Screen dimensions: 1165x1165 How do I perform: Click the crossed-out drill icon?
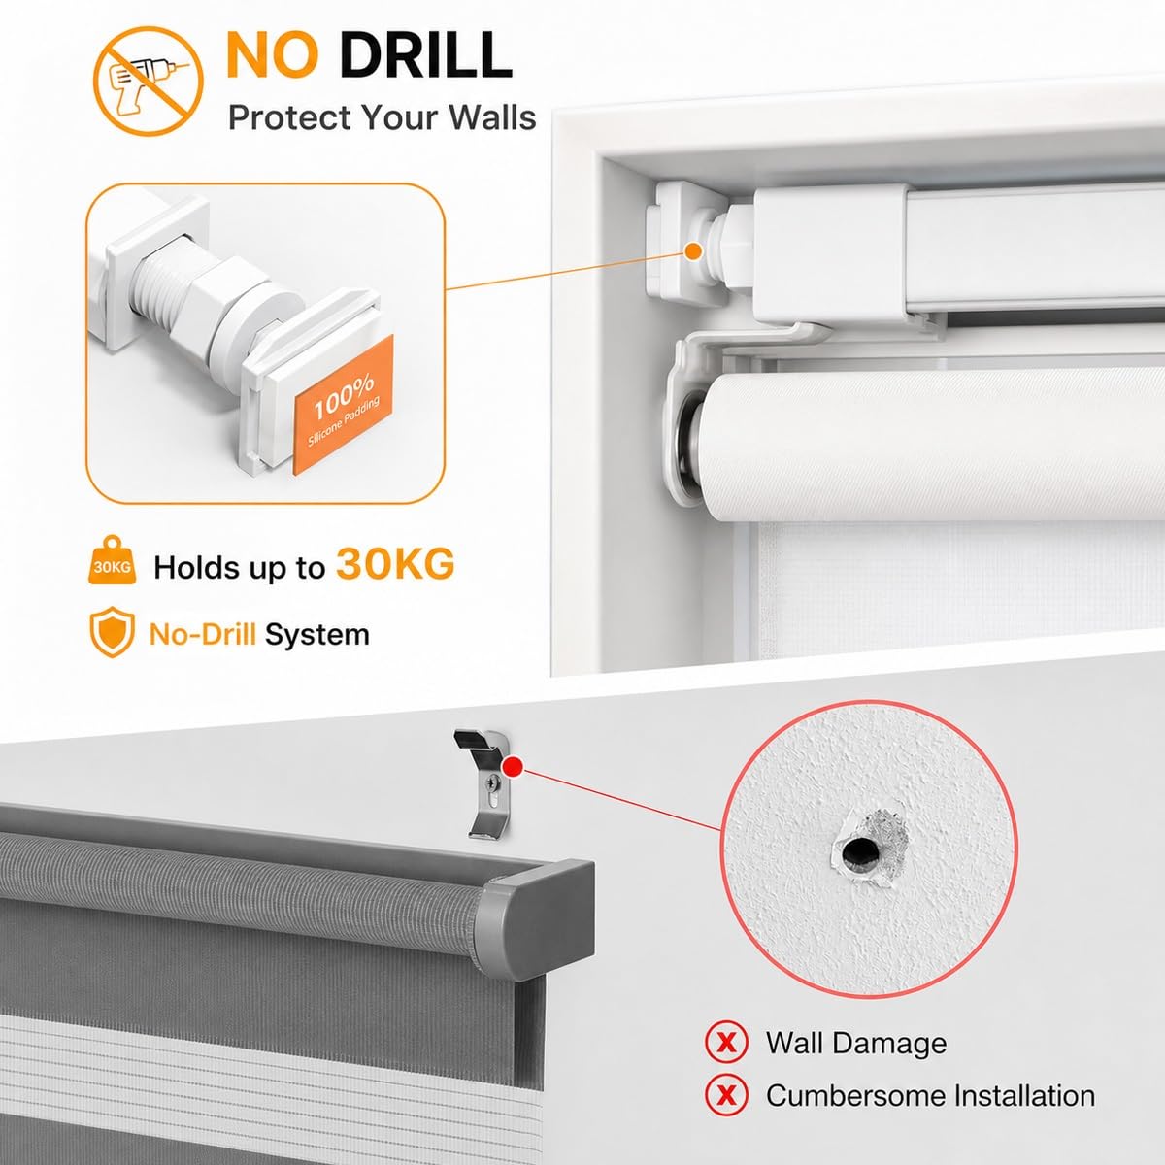tap(149, 81)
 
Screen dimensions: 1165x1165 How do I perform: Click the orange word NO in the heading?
tap(273, 55)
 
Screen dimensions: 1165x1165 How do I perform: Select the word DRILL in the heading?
tap(425, 55)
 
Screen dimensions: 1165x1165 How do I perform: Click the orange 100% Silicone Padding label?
tap(344, 404)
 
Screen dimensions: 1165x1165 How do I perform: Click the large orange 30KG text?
tap(395, 564)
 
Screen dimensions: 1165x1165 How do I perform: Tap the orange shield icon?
tap(112, 632)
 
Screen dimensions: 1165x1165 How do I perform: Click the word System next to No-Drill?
tap(316, 634)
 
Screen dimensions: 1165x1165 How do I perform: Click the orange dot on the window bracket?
tap(695, 250)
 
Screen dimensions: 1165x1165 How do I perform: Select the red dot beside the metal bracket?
tap(514, 767)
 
